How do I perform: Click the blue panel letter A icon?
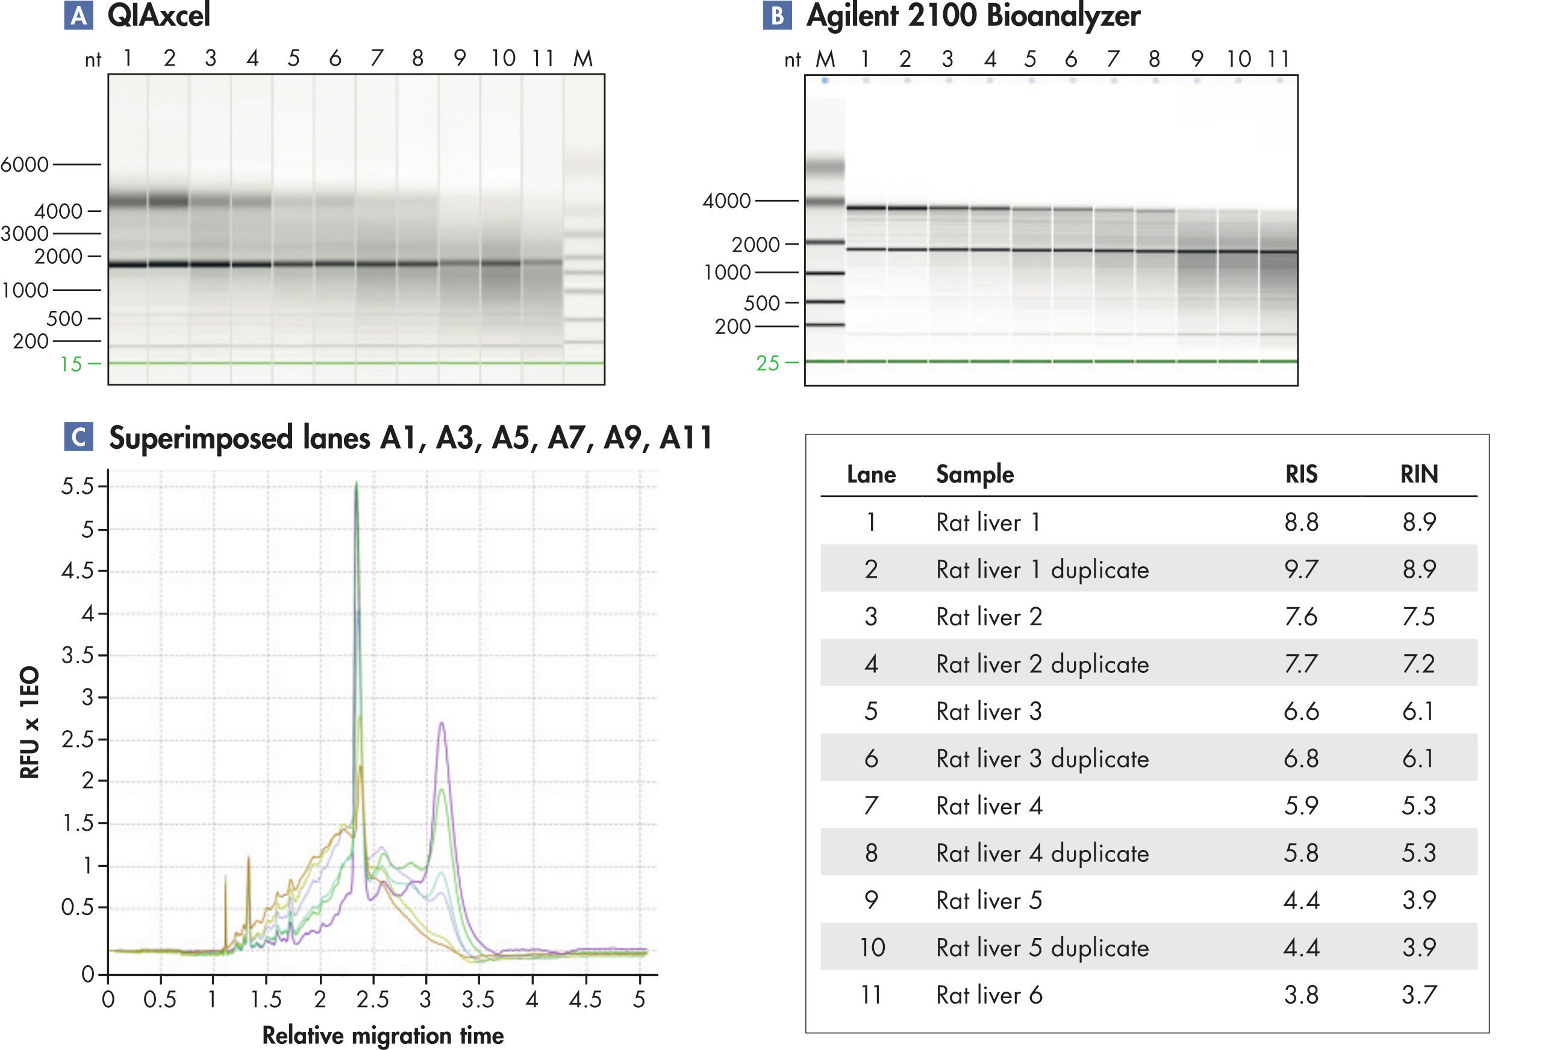coord(78,14)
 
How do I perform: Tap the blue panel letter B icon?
coord(777,14)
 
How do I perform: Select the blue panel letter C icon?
coord(78,436)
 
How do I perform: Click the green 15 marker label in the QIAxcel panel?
coord(71,364)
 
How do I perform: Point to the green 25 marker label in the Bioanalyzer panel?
coord(767,363)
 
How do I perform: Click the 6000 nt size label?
coord(25,164)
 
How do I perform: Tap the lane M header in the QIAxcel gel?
coord(582,59)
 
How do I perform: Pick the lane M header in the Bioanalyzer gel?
coord(825,60)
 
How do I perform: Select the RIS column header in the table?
coord(1300,474)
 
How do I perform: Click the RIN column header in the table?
coord(1419,474)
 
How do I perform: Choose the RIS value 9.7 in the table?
coord(1300,569)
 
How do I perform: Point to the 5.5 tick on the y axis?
coord(78,487)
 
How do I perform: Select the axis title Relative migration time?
coord(383,1036)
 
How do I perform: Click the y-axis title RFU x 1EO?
coord(30,722)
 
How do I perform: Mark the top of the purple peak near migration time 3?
coord(442,723)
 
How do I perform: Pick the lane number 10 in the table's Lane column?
coord(872,947)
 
